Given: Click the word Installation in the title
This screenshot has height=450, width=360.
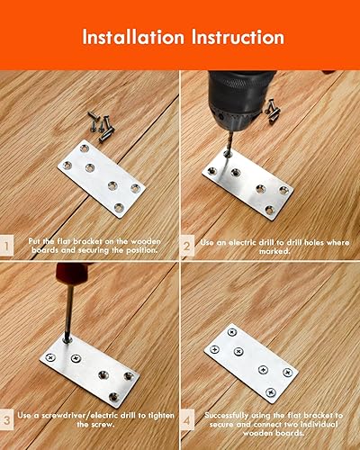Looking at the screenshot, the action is click(133, 37).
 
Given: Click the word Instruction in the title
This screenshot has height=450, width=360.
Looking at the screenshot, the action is click(238, 37).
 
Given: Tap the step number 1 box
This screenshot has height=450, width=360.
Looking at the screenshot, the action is click(6, 246).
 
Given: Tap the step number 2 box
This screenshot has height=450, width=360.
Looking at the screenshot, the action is click(187, 247).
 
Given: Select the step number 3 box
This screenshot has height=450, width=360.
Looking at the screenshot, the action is click(6, 419).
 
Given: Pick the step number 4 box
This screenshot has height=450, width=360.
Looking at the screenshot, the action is click(187, 420).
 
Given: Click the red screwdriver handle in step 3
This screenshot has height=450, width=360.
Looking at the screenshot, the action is click(71, 274).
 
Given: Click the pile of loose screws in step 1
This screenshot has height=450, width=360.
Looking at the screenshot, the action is click(102, 126).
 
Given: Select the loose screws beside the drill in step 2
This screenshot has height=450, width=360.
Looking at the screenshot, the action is click(273, 111).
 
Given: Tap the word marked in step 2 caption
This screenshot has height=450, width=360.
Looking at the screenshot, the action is click(274, 251).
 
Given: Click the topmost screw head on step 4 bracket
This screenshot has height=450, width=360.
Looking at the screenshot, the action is click(232, 332).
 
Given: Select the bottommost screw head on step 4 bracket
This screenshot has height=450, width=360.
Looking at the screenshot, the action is click(271, 391).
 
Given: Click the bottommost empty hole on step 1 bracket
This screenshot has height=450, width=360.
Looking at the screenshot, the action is click(119, 207).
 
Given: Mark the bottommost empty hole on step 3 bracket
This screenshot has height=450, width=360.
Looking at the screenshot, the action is click(113, 397).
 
